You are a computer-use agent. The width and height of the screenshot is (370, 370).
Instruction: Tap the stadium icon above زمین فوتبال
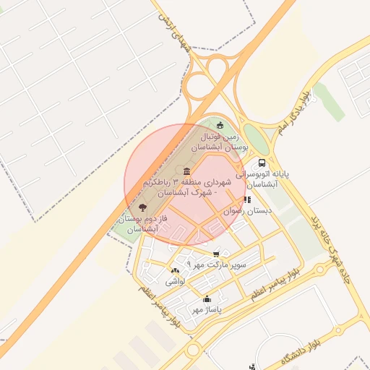pos(220,126)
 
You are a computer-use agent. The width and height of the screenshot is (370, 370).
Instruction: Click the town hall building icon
pos(187,171)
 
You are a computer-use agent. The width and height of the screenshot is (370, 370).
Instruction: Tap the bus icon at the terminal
pos(261,163)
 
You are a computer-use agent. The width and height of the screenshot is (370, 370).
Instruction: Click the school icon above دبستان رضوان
pos(247,199)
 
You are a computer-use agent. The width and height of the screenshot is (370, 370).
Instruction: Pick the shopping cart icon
pos(216,254)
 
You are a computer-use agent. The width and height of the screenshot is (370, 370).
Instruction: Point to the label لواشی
pos(175,280)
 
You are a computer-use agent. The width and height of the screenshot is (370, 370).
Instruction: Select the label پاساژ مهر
pos(205,309)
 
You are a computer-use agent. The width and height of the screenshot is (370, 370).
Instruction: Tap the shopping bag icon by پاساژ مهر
pos(207,299)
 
